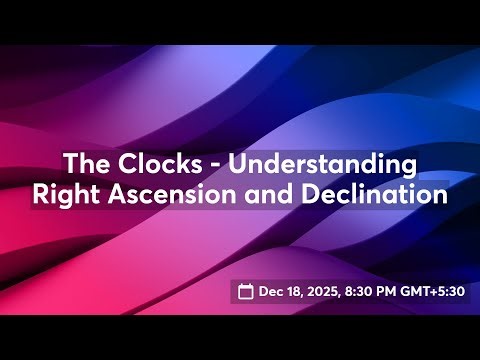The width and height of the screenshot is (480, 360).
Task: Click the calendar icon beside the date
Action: click(x=246, y=292)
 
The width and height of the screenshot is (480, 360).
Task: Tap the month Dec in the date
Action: click(x=272, y=292)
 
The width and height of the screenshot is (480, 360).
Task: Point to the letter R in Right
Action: click(x=41, y=193)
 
